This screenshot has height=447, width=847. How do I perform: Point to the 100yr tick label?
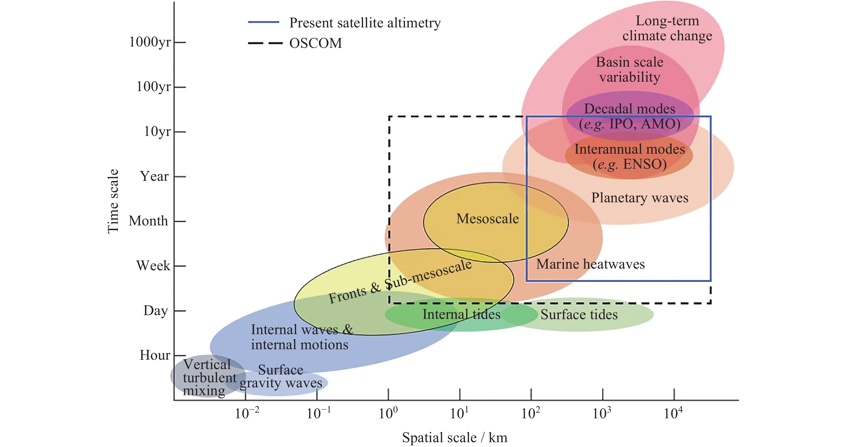tap(154, 87)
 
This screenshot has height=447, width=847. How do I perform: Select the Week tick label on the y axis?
tap(153, 266)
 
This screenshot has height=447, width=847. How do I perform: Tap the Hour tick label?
tap(155, 355)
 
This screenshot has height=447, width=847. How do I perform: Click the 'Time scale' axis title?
tap(113, 201)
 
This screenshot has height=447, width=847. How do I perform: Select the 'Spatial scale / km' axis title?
tap(454, 438)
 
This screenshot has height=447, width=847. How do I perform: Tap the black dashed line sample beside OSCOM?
tap(265, 43)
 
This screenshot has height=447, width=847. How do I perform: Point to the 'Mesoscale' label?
tap(487, 219)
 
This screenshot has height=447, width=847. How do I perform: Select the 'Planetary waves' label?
tap(639, 198)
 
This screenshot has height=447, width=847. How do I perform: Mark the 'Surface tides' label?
tap(579, 315)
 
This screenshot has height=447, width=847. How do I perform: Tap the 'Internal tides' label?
tap(461, 315)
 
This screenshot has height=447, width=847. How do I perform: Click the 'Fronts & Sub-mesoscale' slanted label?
tap(400, 282)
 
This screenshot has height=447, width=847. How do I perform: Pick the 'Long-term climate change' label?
tap(667, 28)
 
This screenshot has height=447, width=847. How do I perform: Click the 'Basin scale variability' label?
tap(630, 70)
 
